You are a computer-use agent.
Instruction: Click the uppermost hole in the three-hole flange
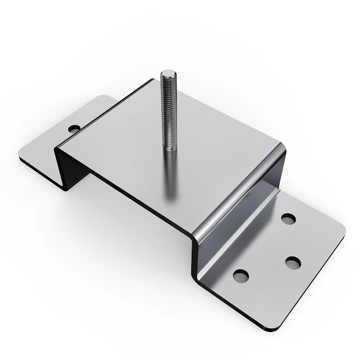[288, 219]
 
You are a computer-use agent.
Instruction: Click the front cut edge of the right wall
[197, 261]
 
